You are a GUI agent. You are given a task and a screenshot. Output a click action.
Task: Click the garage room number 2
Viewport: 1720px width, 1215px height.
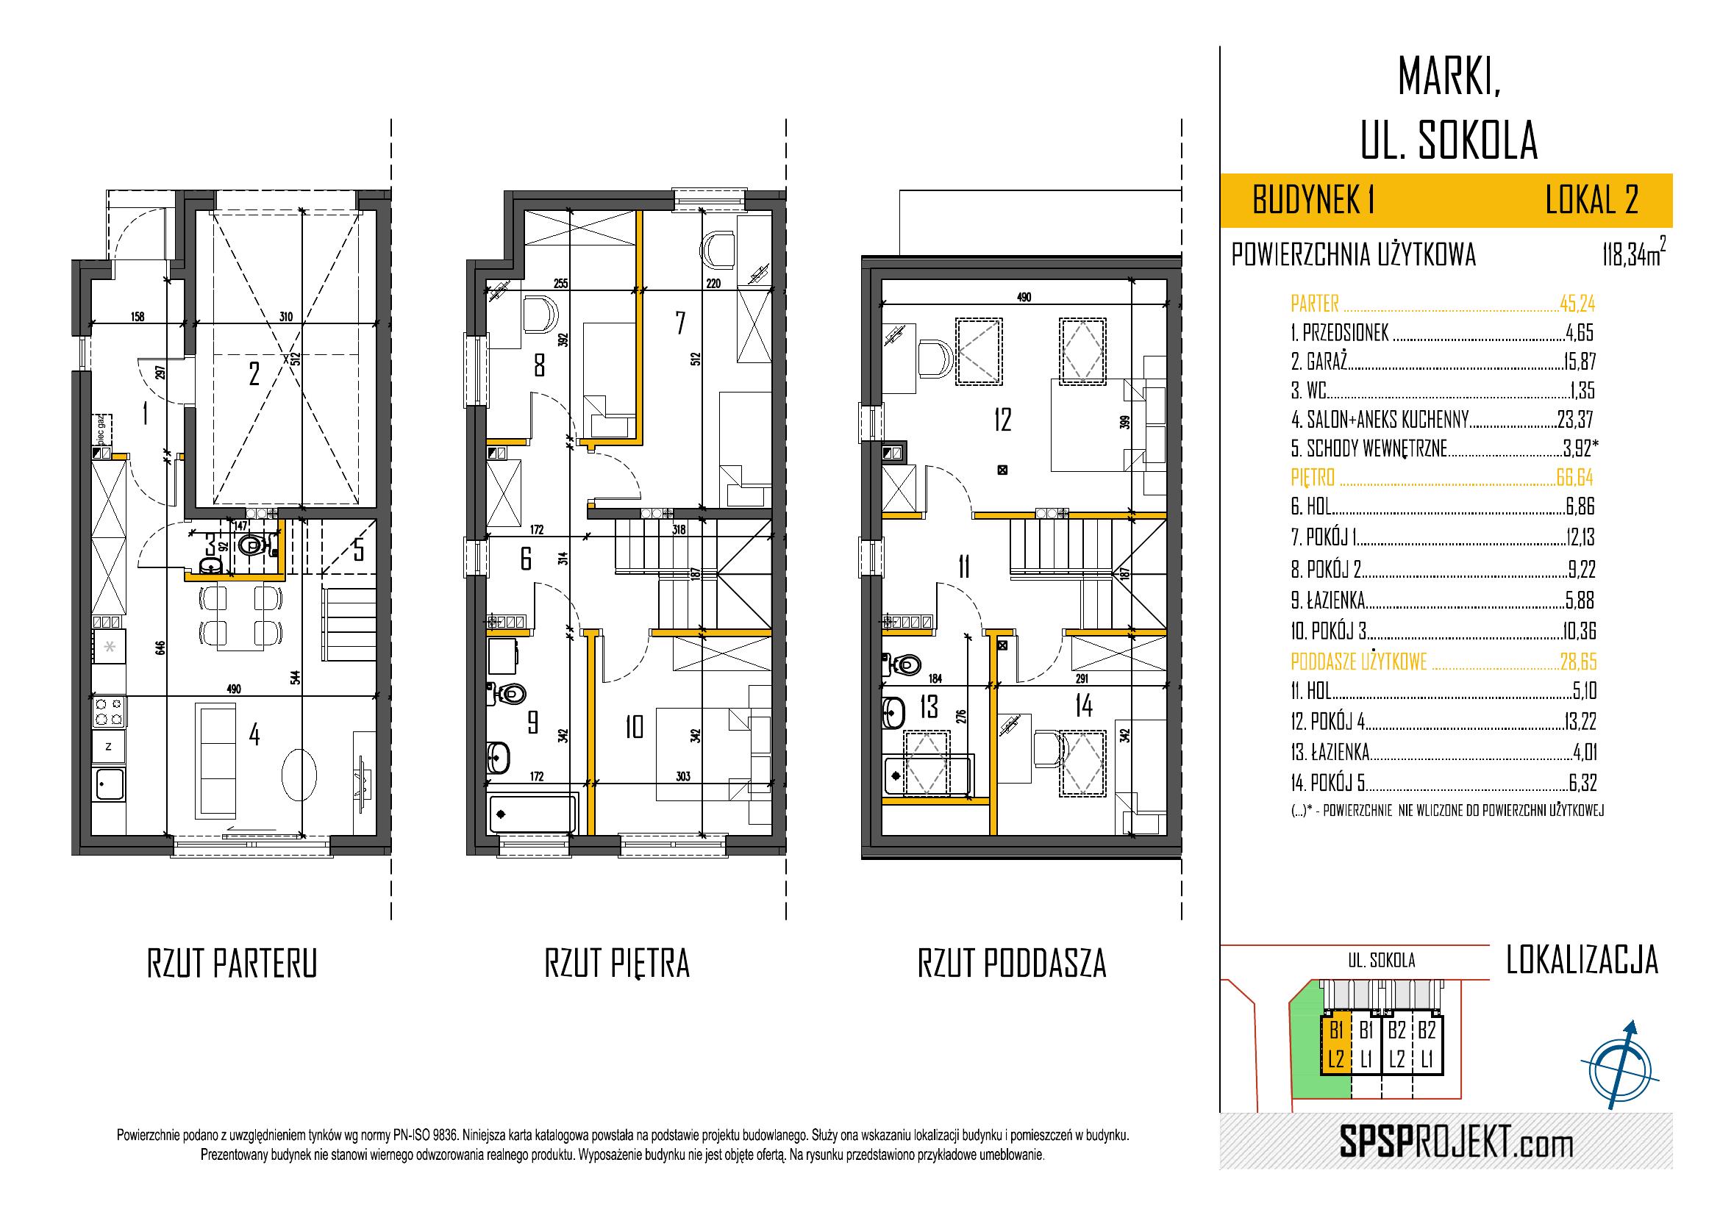[254, 373]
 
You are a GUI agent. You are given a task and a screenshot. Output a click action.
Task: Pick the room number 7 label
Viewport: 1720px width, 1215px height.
[679, 323]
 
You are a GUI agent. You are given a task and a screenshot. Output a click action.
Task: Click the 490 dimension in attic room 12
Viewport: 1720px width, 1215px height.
[1024, 297]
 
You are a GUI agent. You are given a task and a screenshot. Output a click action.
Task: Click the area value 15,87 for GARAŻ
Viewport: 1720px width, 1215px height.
[1579, 362]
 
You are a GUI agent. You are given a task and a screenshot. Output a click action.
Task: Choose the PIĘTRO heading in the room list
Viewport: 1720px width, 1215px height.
[1314, 477]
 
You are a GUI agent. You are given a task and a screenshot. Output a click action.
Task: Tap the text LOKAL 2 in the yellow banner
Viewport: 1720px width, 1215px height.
[1591, 201]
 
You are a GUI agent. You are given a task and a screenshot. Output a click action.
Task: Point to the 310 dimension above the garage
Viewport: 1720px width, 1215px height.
[285, 317]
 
